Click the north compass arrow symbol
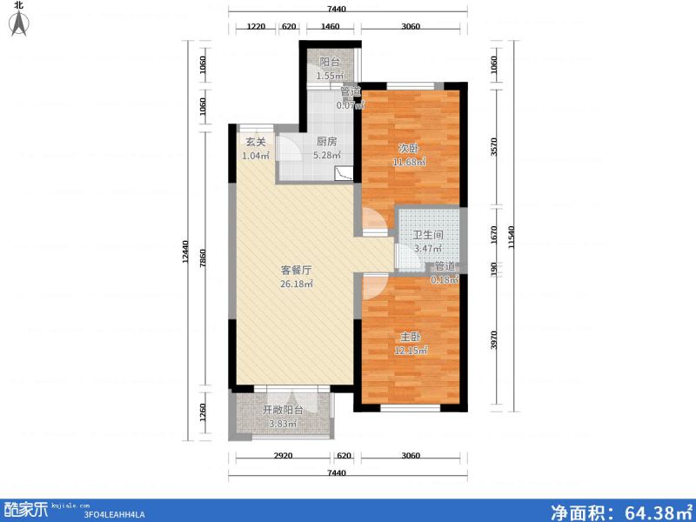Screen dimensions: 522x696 [17, 23]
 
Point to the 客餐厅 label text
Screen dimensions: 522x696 [297, 270]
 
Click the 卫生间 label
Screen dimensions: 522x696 [428, 235]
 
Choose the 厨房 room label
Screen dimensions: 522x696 [327, 143]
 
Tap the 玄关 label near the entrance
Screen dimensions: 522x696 [255, 143]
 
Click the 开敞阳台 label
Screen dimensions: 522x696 [282, 411]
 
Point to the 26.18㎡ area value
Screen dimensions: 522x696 [297, 284]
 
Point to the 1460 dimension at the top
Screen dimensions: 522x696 [330, 27]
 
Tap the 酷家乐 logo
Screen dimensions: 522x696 [27, 507]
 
